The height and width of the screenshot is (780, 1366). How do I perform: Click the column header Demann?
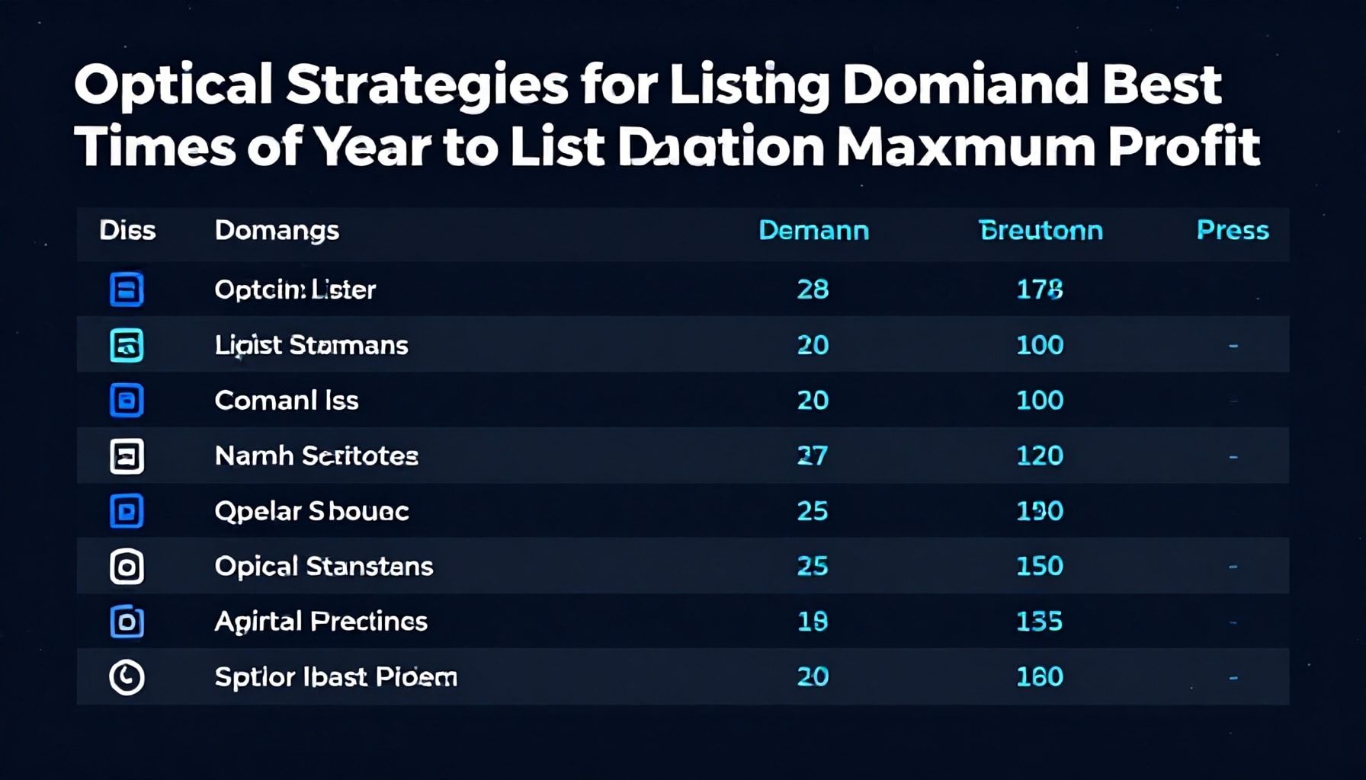point(813,230)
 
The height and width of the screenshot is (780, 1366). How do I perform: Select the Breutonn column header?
point(1041,230)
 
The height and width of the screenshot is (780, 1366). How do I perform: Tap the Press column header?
point(1232,230)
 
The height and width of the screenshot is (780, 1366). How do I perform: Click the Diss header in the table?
point(127,230)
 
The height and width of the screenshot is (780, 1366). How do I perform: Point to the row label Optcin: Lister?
point(295,289)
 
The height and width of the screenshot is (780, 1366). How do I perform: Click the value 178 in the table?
point(1040,289)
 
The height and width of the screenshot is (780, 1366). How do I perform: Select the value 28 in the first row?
point(813,289)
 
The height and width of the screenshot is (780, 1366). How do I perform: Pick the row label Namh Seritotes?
point(316,456)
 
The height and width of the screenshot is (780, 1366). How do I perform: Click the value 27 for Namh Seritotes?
point(813,456)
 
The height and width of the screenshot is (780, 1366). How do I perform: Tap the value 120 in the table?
point(1040,456)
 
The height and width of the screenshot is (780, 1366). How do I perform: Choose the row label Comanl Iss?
point(287,401)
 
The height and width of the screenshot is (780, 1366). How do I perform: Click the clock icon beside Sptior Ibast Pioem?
point(127,677)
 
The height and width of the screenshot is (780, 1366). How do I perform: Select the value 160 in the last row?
point(1040,676)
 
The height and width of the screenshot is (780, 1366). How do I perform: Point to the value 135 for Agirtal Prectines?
point(1040,622)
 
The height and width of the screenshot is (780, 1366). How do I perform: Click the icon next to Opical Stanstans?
point(127,567)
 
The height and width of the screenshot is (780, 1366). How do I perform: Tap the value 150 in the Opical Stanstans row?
point(1040,566)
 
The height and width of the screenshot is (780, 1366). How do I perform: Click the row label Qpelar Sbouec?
point(312,511)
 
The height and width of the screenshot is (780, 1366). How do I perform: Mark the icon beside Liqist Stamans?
point(127,345)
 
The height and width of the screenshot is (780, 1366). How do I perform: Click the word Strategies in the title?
point(427,85)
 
